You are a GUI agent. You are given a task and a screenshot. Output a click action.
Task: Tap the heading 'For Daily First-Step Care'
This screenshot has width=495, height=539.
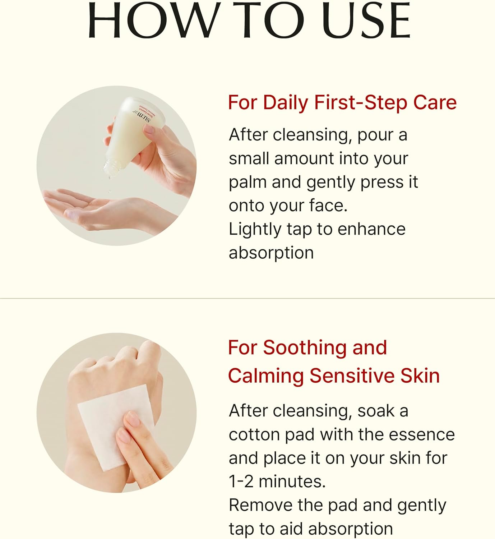[342, 103]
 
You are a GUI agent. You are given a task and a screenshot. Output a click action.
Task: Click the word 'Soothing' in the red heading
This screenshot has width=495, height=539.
[305, 348]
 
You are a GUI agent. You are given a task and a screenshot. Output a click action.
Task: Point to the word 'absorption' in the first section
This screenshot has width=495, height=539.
[271, 254]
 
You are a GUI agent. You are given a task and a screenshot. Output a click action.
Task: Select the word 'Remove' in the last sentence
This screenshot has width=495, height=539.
[261, 505]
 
